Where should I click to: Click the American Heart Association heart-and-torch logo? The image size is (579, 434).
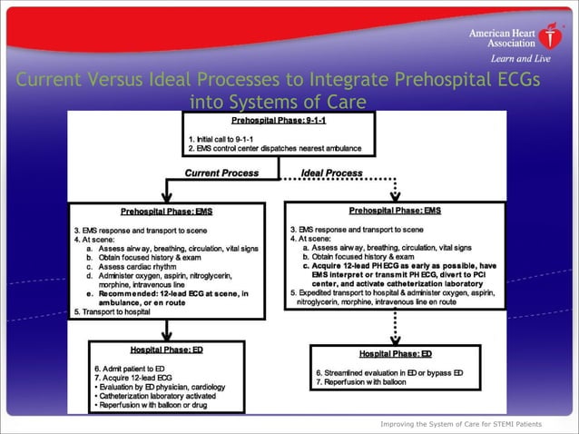(x=549, y=36)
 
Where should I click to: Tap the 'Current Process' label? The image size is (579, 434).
(x=221, y=173)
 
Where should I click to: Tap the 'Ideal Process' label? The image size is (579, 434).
(x=332, y=173)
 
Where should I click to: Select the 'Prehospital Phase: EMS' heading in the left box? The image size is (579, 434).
(x=166, y=211)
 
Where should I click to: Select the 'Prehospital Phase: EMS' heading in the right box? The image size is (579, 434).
(x=395, y=211)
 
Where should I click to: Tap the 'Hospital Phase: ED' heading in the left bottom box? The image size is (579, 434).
(x=166, y=350)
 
